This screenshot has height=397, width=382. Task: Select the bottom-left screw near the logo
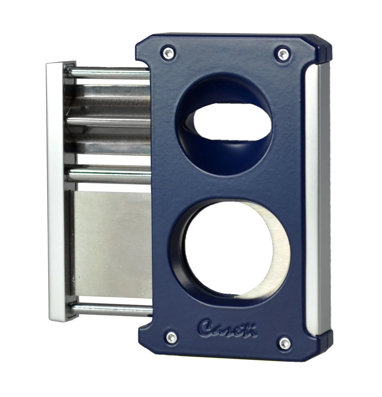coord(171,337)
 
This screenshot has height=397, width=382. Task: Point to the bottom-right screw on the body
coord(285,343)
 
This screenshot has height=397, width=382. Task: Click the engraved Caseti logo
coord(228,328)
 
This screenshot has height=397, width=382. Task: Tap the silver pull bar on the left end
coord(55,191)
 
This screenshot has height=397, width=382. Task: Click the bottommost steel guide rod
coord(111,309)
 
